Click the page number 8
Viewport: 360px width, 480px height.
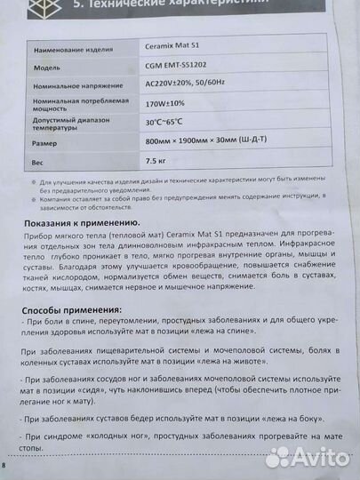pos(4,465)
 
